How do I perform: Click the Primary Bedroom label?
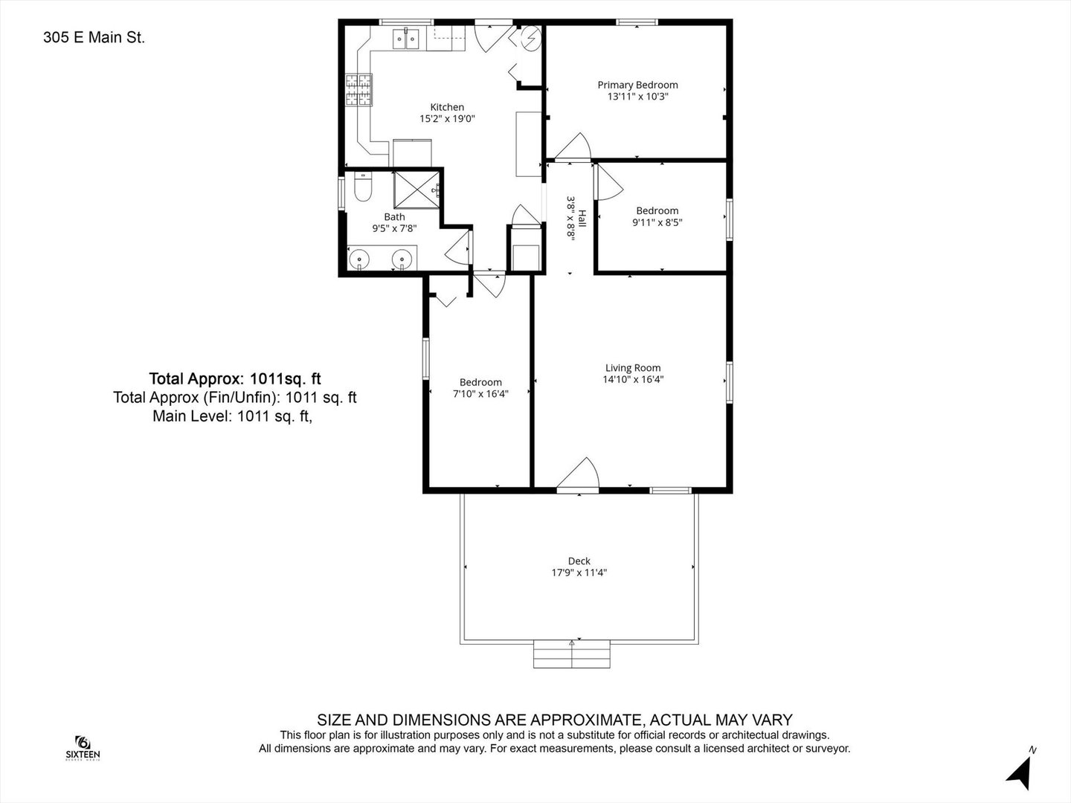click(x=637, y=85)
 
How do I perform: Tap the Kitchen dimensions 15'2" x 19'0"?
click(x=447, y=118)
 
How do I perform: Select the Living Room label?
click(x=633, y=368)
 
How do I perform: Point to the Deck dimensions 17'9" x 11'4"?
click(x=579, y=573)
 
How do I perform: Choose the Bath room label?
click(x=394, y=217)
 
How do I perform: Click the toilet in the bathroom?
click(x=362, y=186)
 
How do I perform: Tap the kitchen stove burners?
click(x=358, y=90)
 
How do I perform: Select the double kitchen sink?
click(x=406, y=39)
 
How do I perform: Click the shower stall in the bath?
click(x=416, y=190)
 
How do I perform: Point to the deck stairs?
click(x=571, y=654)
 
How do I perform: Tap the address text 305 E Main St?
click(x=94, y=37)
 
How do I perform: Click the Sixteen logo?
click(x=83, y=748)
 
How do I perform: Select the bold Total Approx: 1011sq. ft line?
click(x=235, y=379)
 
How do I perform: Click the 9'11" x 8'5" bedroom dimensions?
click(x=657, y=222)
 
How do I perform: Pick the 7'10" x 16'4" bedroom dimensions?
click(x=480, y=393)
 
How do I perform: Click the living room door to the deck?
click(x=578, y=474)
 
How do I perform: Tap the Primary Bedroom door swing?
click(x=573, y=146)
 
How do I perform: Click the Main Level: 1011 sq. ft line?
click(x=232, y=416)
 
